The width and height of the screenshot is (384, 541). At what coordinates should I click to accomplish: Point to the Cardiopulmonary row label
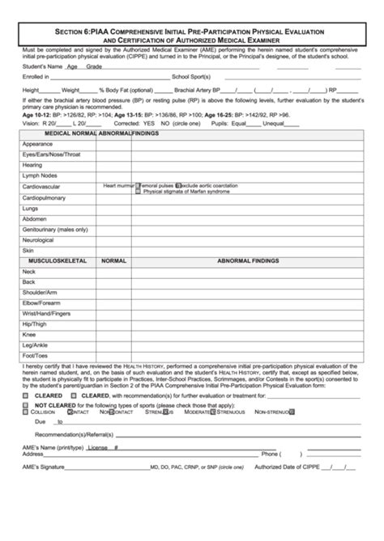point(45,197)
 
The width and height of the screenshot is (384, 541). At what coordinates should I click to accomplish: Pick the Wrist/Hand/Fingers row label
point(47,313)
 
